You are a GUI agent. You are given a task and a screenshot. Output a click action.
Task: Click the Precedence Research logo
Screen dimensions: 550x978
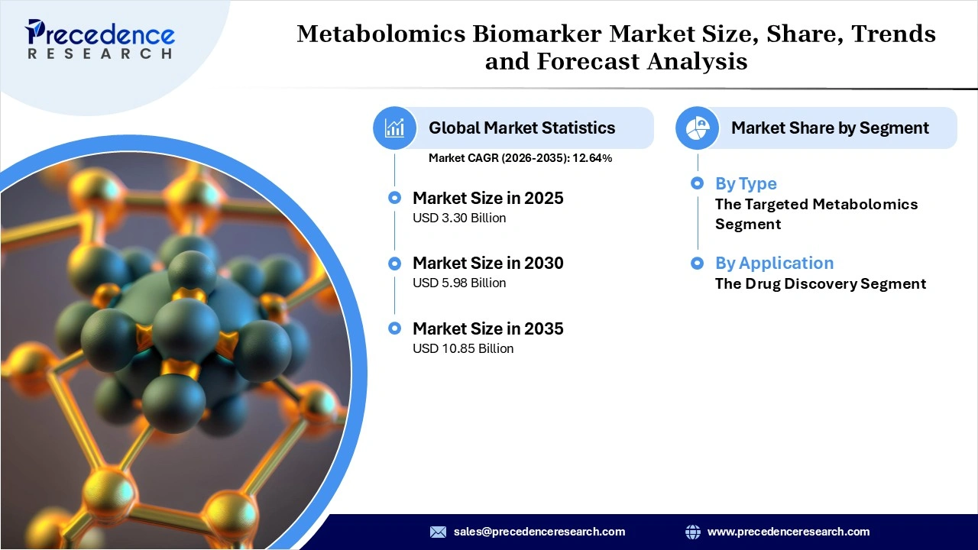point(100,39)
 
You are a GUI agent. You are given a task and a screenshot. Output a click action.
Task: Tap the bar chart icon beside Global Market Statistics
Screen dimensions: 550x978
point(395,128)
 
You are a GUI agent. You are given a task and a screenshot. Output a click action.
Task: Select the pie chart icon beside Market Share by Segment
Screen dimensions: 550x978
point(697,128)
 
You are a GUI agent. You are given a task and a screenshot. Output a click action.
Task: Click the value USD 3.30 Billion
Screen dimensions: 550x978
point(459,218)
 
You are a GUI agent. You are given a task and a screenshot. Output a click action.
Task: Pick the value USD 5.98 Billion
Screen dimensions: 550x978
point(459,283)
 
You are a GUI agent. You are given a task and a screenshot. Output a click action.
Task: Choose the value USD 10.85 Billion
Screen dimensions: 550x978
point(463,348)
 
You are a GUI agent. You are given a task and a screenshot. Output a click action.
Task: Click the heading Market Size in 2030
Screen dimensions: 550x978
point(488,263)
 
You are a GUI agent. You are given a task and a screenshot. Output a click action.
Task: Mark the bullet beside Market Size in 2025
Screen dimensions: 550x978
point(394,198)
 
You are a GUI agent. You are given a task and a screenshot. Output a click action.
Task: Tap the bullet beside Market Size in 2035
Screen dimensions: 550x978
point(394,328)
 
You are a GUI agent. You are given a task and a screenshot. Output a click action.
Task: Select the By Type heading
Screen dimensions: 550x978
point(746,183)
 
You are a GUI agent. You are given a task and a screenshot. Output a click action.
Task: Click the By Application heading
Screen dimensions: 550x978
point(774,263)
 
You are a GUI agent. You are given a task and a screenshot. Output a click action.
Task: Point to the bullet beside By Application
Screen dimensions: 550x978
point(697,263)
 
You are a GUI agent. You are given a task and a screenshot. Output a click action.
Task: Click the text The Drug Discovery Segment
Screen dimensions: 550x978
point(821,283)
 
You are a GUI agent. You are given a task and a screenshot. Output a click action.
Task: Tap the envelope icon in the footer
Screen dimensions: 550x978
point(438,532)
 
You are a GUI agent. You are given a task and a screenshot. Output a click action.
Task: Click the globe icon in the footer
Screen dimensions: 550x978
point(693,532)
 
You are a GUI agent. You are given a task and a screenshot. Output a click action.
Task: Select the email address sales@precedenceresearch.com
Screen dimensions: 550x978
point(539,532)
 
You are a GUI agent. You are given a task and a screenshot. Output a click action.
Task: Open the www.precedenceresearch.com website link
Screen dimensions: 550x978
point(789,532)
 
